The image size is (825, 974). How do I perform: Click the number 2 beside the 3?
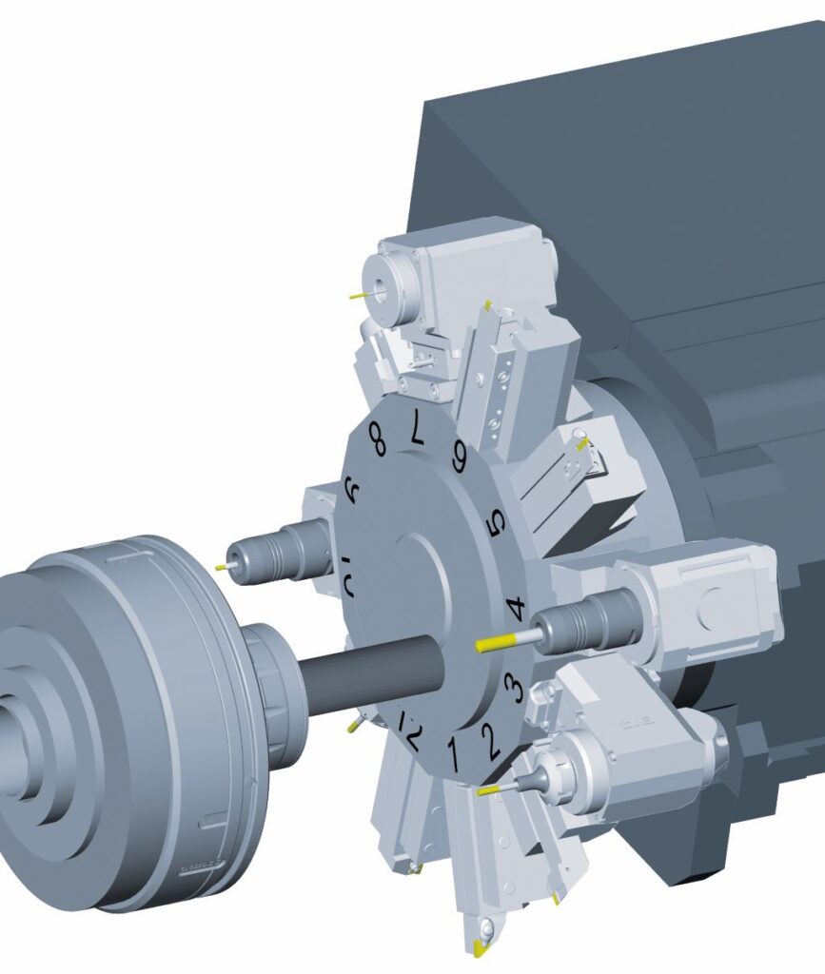click(490, 740)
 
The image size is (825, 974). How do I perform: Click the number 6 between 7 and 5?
click(460, 458)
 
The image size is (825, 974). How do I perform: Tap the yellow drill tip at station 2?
click(490, 789)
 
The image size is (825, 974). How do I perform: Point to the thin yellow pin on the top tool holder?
click(358, 295)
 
